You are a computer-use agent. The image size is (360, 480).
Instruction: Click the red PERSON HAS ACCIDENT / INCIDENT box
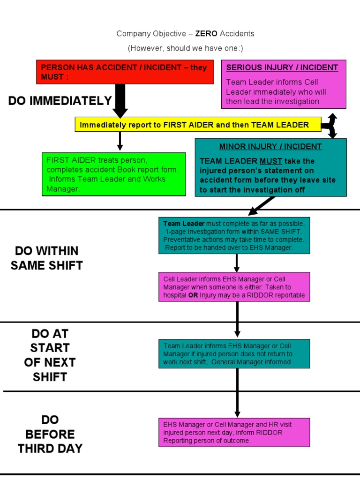125,72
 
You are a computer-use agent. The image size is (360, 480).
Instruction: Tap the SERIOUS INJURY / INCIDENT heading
282,67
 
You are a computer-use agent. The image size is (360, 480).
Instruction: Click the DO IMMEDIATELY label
60,101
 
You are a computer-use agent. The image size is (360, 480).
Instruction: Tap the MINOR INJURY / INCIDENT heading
270,147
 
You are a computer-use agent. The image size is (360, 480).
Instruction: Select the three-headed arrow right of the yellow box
330,125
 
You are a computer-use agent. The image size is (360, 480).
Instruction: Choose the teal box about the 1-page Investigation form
234,235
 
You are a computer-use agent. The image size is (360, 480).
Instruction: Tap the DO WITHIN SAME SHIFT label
47,258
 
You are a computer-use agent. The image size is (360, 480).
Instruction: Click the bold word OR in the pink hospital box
193,295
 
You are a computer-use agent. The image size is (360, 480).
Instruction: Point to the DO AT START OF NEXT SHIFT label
50,355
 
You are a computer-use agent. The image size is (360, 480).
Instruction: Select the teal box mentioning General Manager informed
234,353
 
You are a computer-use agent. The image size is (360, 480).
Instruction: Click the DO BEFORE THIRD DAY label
50,434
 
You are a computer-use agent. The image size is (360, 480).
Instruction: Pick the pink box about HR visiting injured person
234,432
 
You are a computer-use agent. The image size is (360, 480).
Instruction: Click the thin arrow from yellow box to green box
120,141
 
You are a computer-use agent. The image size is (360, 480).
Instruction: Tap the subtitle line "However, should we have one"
186,48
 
